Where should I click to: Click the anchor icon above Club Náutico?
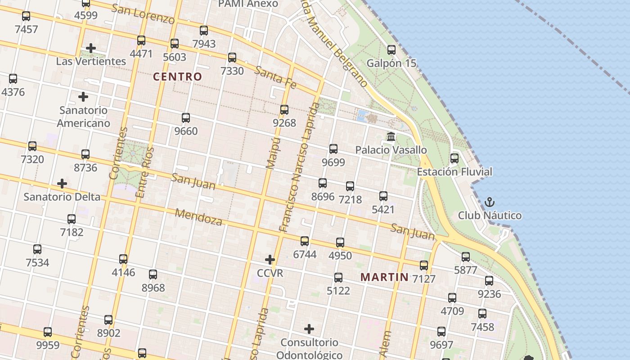(490, 202)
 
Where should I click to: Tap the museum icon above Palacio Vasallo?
(391, 136)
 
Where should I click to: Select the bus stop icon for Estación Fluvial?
(454, 158)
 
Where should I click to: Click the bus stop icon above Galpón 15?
(391, 49)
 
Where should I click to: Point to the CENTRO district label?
(178, 76)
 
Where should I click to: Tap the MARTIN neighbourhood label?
(385, 277)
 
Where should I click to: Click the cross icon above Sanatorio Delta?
(62, 184)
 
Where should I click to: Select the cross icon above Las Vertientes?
(91, 48)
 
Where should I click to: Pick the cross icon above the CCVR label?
(270, 260)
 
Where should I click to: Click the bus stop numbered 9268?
(284, 109)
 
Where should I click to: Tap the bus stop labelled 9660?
(186, 118)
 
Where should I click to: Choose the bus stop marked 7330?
(232, 58)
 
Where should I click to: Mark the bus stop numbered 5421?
(383, 196)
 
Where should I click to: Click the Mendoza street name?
(198, 217)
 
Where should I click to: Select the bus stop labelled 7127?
(424, 265)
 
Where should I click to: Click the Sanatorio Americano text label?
(83, 117)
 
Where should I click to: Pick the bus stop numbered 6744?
(305, 241)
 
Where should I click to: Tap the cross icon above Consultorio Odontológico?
(309, 329)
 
